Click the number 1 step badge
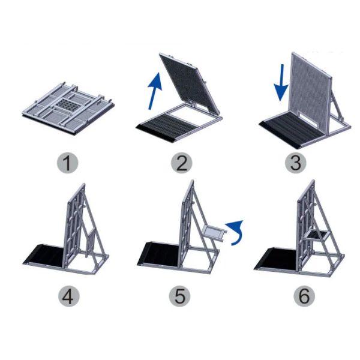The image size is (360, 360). point(68,162)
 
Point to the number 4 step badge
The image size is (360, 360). point(68,297)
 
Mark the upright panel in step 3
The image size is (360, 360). point(312,90)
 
